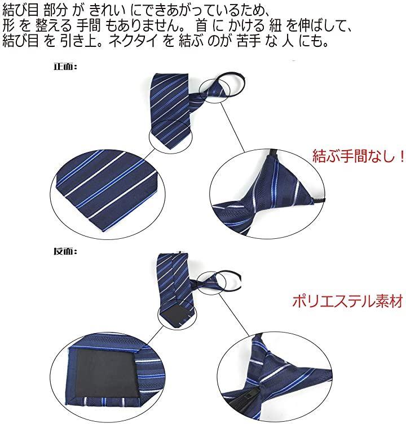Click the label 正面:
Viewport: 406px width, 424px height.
[x=65, y=67]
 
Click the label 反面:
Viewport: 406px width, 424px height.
[x=65, y=251]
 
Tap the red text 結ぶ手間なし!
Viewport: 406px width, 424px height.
[x=359, y=156]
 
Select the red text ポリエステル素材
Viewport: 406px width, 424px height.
[x=348, y=301]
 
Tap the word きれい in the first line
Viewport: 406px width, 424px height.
[x=107, y=10]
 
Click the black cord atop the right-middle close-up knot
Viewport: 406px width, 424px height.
[x=273, y=153]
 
